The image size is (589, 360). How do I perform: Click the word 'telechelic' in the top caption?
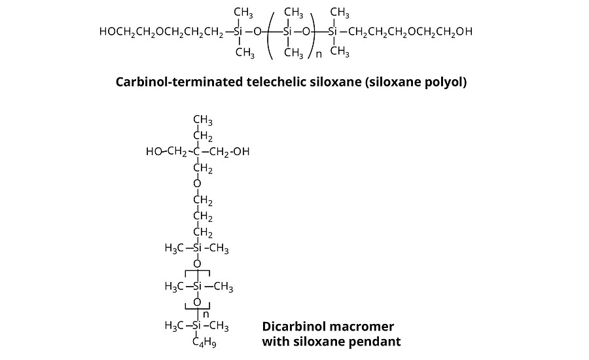(269, 82)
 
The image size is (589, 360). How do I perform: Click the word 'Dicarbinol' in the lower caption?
(294, 326)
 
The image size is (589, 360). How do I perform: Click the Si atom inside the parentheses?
(287, 31)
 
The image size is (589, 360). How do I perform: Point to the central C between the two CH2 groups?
(196, 153)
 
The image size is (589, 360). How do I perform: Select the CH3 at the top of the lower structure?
(202, 120)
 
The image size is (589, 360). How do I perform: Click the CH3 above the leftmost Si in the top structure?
(243, 12)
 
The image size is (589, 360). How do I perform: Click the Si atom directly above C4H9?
(196, 325)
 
